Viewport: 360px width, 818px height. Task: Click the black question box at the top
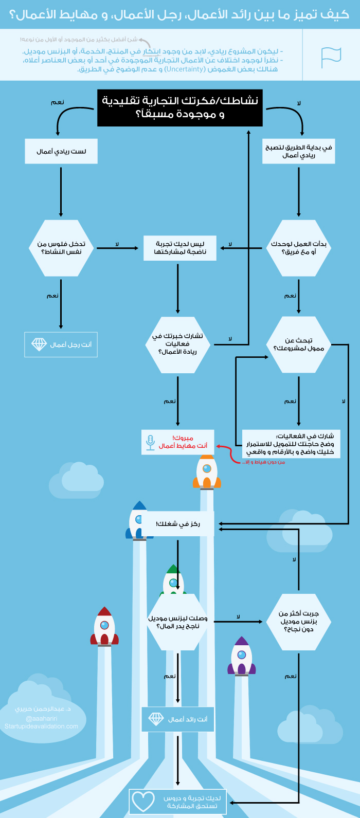coord(180,108)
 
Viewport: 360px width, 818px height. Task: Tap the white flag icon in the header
coord(331,57)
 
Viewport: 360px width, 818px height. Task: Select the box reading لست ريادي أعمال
coord(61,151)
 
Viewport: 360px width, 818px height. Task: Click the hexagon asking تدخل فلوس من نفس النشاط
coord(61,248)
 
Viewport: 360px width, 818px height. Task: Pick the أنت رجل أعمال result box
coord(61,344)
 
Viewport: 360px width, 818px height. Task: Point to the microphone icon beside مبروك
coord(150,443)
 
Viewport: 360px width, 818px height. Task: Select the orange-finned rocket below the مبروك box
coord(207,472)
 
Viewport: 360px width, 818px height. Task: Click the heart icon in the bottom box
coord(143,801)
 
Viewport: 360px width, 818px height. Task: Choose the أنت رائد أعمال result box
coord(178,719)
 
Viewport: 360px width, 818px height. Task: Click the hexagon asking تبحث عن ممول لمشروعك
coord(298,344)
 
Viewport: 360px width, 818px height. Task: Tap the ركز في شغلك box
coord(178,524)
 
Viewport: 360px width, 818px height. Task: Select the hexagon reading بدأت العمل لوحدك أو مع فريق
coord(298,248)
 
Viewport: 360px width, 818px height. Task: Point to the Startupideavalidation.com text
coord(41,726)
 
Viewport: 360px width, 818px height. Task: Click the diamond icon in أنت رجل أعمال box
coord(39,344)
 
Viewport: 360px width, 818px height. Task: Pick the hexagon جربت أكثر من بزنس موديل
coord(298,621)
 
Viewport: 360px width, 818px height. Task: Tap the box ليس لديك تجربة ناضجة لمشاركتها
coord(180,248)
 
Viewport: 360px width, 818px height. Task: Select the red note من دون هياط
coord(263,462)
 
